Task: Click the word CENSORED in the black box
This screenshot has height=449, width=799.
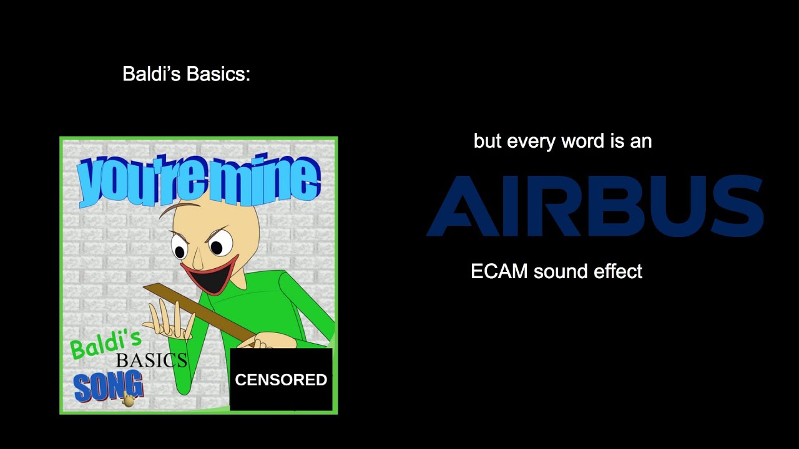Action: coord(281,380)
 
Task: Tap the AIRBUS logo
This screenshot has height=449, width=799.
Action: coord(595,206)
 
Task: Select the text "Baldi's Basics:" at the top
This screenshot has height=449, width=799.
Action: coord(186,74)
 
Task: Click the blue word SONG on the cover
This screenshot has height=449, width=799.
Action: coord(107,387)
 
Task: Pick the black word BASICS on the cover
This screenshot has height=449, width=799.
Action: coord(151,360)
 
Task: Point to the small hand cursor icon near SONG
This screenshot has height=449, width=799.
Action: coord(129,400)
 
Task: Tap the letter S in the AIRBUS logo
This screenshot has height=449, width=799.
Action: coord(736,206)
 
